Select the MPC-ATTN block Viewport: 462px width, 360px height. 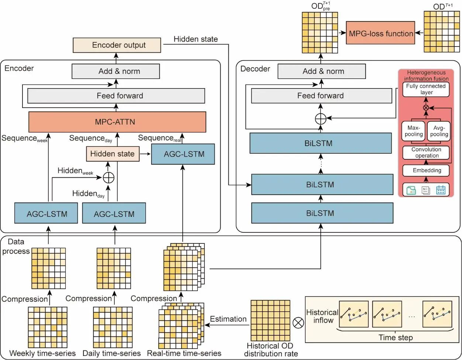(117, 122)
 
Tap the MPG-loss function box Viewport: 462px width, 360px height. (381, 34)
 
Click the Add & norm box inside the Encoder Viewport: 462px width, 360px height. (116, 71)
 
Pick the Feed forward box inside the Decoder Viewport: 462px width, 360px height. (321, 96)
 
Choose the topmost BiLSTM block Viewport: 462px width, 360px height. (320, 143)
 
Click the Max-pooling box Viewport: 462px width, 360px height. (414, 131)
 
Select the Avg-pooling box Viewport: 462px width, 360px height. (439, 131)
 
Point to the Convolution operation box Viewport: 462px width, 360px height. (426, 152)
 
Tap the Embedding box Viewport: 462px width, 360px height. (426, 170)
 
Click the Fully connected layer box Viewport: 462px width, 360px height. (426, 89)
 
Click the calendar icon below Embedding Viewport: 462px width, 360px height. (441, 190)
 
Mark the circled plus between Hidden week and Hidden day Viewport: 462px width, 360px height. (108, 177)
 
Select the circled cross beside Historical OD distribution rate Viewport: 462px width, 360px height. (298, 323)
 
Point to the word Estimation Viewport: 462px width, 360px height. (228, 319)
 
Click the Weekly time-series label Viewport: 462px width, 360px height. (42, 353)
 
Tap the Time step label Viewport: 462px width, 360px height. (395, 337)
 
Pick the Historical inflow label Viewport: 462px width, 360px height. (322, 316)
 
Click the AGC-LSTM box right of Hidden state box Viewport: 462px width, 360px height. (183, 154)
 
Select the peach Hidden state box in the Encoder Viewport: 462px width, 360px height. (113, 154)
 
